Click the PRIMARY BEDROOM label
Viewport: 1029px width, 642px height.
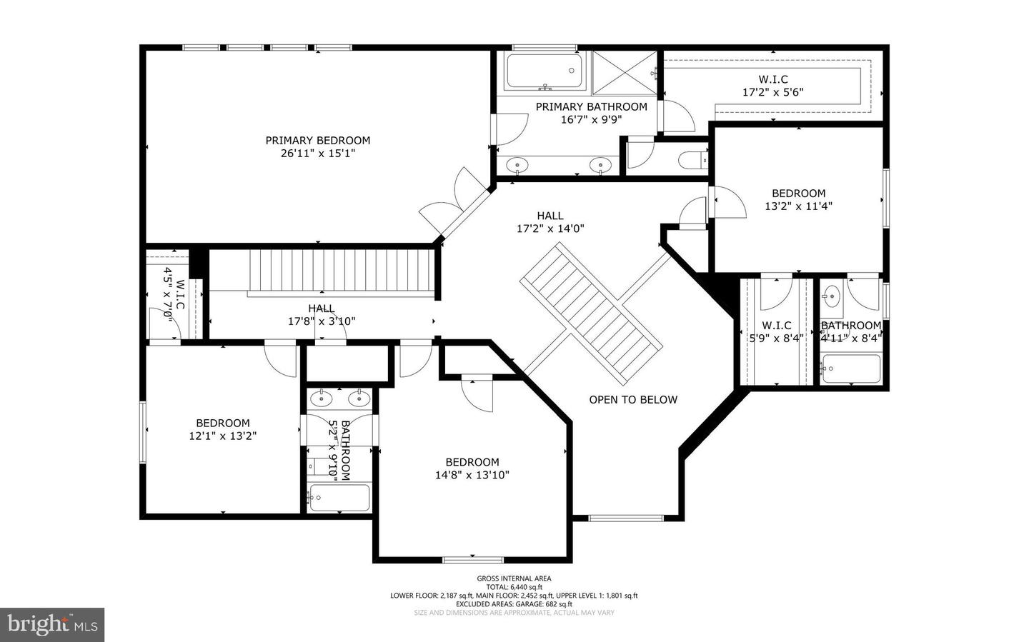click(318, 141)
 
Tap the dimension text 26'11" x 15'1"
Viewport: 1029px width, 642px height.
click(318, 154)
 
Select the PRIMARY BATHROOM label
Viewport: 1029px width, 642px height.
click(591, 107)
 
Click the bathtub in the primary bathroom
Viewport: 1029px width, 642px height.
click(544, 72)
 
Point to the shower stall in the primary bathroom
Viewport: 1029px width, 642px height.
click(624, 72)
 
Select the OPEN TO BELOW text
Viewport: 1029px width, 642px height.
click(632, 400)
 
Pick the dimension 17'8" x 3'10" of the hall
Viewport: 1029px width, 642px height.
click(322, 321)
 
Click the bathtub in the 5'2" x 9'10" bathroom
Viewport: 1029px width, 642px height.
click(339, 498)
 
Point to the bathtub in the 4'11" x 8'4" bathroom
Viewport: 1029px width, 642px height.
click(850, 368)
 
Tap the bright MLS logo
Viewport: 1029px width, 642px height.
click(52, 625)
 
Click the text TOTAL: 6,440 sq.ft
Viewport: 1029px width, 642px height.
click(514, 587)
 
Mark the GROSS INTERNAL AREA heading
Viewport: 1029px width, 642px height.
click(514, 578)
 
